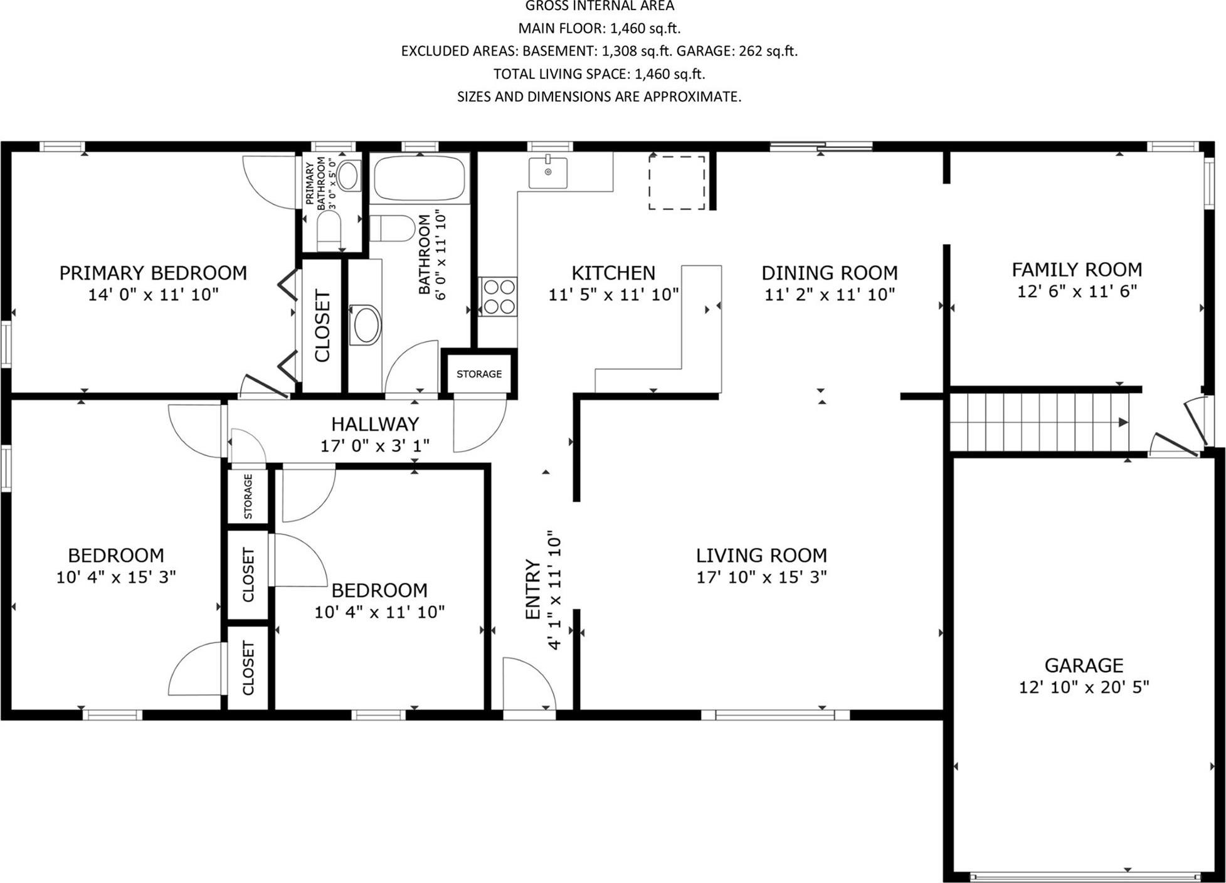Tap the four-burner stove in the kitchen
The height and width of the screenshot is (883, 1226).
pos(499,297)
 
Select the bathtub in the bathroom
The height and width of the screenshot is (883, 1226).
pos(420,178)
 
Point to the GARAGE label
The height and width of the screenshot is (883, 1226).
pos(1083,665)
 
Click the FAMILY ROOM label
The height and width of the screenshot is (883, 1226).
pos(1076,270)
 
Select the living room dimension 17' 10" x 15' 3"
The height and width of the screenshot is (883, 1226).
pos(761,577)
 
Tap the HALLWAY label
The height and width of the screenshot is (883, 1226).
pos(374,424)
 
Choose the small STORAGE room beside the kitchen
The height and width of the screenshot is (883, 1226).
pos(479,374)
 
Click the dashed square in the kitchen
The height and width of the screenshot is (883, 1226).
pos(677,182)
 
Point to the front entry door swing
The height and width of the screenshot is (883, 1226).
pos(528,684)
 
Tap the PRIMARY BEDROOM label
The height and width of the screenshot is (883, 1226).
pos(153,273)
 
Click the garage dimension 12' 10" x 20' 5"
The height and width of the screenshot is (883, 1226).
pos(1083,687)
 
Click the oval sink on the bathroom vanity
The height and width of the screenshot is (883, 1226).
pos(365,325)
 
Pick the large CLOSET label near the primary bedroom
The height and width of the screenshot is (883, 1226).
pos(322,325)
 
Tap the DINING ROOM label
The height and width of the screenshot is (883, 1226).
pos(829,273)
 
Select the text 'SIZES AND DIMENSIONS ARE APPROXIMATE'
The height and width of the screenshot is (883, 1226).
pos(599,97)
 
